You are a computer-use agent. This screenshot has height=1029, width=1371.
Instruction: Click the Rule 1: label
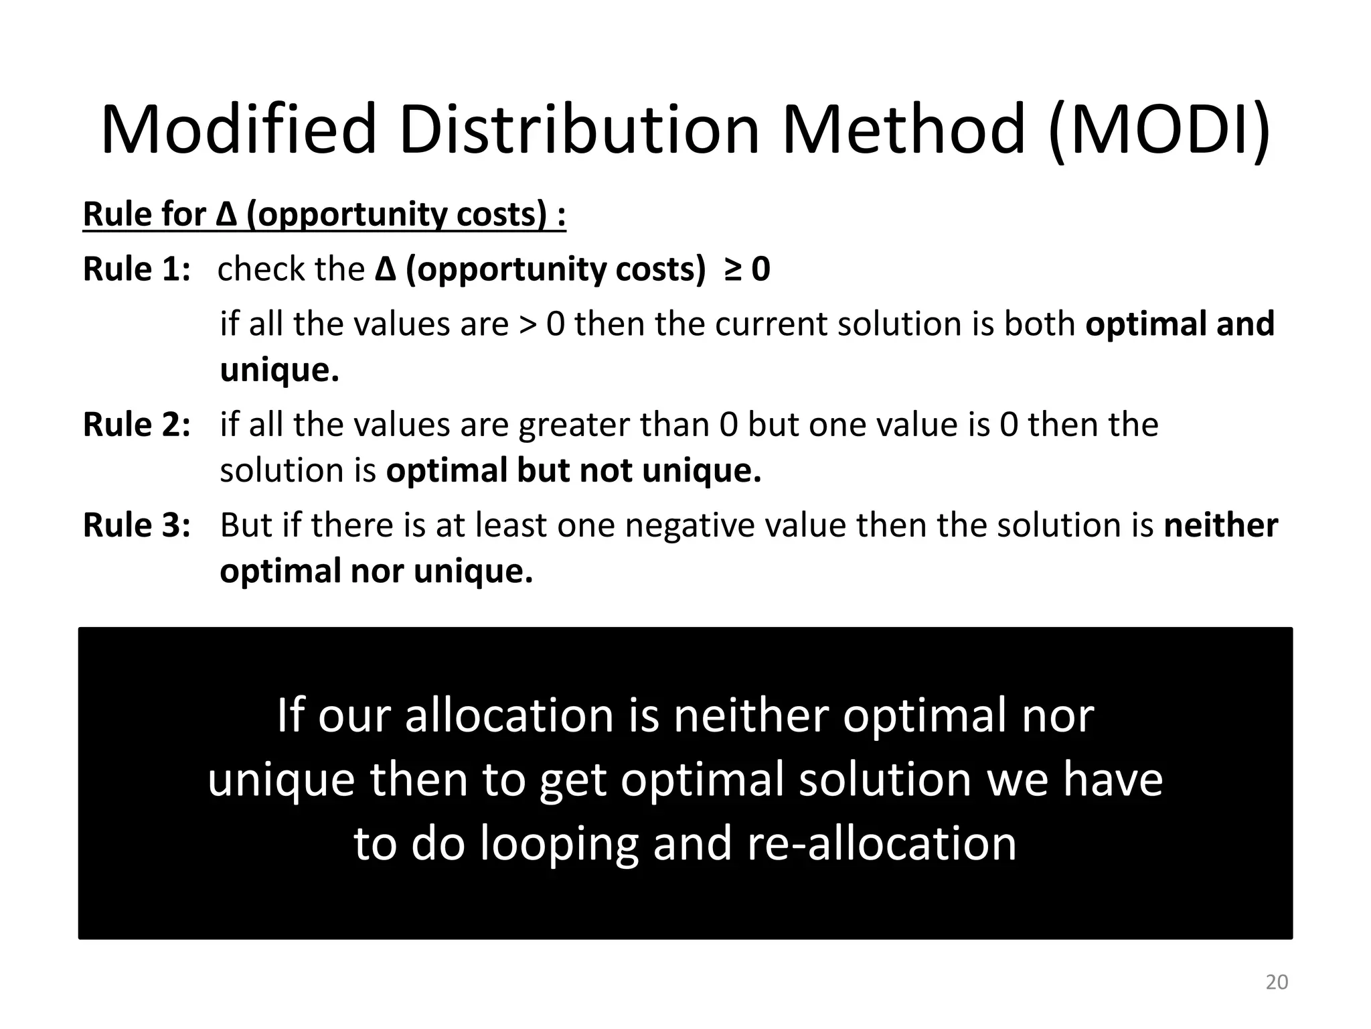tap(137, 269)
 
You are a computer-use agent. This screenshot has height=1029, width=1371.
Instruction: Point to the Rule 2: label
tap(137, 425)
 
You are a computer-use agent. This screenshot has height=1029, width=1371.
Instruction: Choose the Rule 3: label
tap(137, 525)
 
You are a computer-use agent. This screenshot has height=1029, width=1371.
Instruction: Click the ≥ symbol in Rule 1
tap(732, 270)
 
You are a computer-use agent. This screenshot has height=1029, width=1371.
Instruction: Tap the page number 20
tap(1277, 982)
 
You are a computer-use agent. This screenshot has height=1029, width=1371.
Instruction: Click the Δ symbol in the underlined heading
tap(226, 214)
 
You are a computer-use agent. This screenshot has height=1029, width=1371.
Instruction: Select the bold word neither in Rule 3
tap(1220, 525)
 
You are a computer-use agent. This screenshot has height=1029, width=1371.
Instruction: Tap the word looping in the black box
tap(559, 843)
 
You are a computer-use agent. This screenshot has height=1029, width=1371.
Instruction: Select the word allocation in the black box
tap(509, 715)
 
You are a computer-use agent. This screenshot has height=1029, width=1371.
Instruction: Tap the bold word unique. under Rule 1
tap(279, 370)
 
